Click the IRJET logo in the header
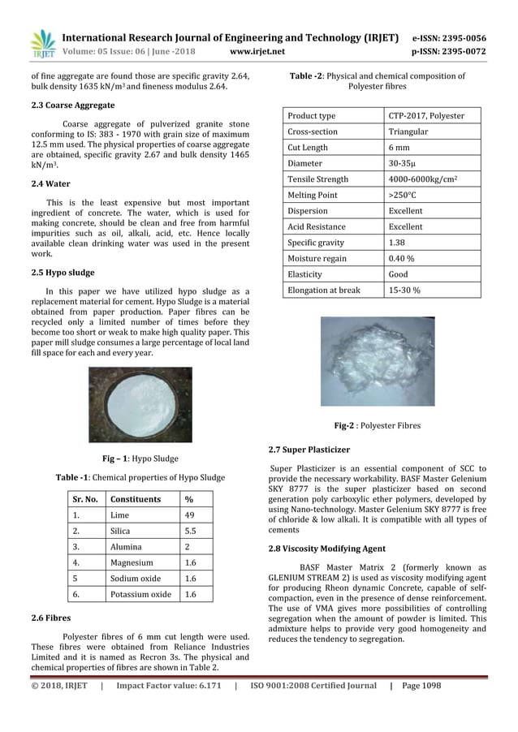tap(41, 44)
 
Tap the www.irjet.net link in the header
tap(257, 51)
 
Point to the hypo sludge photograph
tap(140, 403)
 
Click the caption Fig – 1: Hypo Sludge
tap(140, 458)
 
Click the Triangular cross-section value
tap(409, 131)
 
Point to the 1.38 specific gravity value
tap(397, 243)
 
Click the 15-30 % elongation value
tap(404, 290)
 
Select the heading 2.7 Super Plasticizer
tap(309, 449)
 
